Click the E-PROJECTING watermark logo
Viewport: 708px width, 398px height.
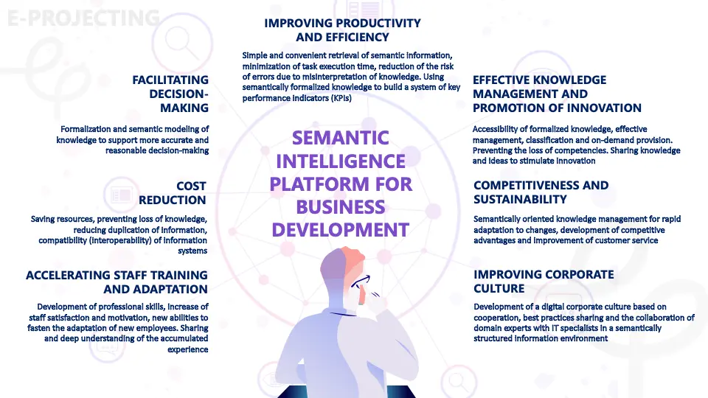[83, 18]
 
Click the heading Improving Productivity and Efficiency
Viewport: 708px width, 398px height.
[342, 29]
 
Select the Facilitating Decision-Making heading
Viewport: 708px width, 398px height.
[170, 94]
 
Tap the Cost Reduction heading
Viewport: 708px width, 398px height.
[172, 192]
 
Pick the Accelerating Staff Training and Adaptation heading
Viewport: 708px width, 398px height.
[117, 282]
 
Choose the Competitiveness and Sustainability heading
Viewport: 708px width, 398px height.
[541, 192]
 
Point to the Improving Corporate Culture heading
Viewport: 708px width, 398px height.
[544, 281]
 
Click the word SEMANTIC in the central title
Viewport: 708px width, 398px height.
[341, 138]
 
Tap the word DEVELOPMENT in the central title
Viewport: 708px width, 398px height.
[341, 230]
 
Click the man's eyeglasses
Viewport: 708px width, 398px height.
[361, 282]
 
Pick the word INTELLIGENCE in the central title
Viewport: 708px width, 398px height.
[341, 161]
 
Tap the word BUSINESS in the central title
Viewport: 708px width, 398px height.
[341, 207]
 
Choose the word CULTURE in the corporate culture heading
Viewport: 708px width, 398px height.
[499, 288]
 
